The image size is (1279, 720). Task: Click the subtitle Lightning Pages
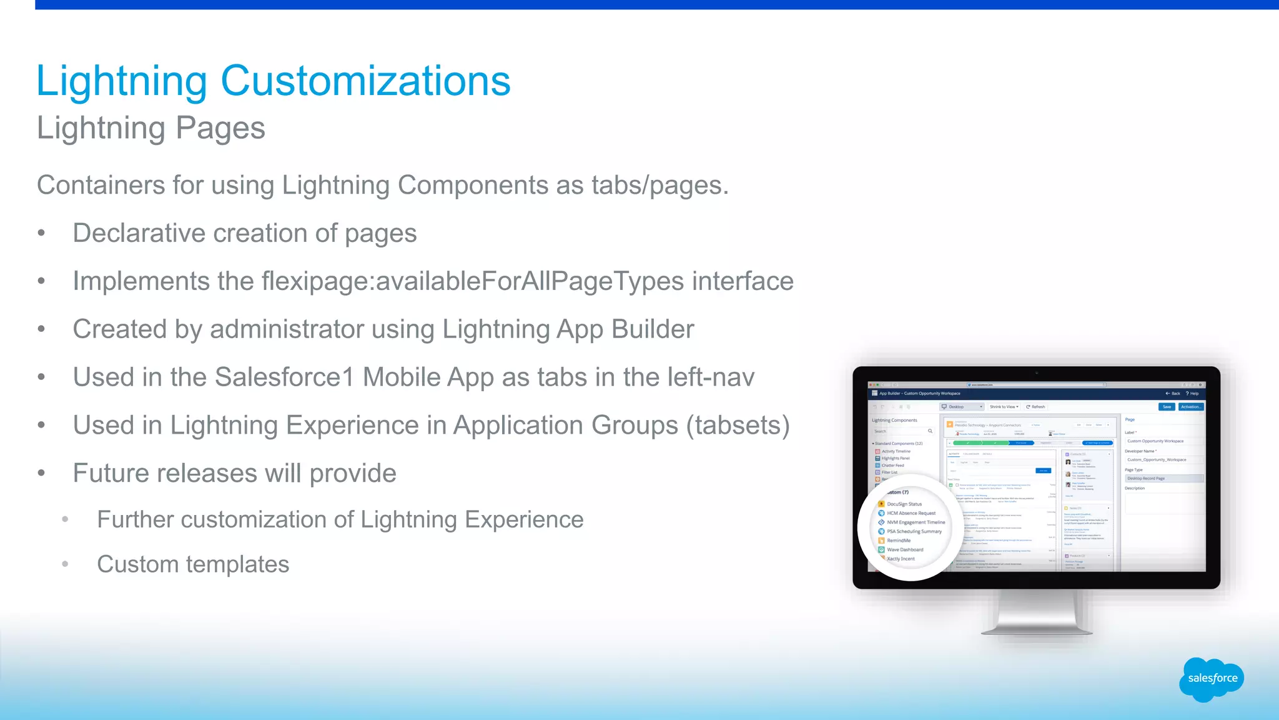151,128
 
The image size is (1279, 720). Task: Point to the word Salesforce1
284,377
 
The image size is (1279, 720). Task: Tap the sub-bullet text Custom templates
193,564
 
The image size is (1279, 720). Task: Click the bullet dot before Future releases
41,473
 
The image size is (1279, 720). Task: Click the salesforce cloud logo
1212,679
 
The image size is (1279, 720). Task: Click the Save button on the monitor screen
1167,407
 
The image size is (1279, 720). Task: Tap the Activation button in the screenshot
1190,407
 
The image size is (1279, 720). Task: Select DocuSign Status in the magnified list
904,504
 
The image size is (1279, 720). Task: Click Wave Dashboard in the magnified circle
904,550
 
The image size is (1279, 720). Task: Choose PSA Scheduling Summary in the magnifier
914,531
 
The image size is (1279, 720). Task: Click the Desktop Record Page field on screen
1163,478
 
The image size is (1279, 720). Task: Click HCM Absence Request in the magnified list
911,513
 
